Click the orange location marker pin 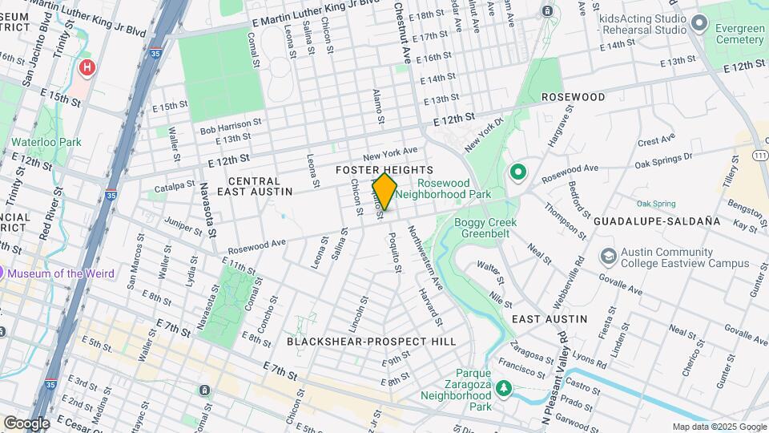click(384, 191)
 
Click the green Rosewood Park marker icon click(517, 172)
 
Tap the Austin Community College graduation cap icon click(609, 256)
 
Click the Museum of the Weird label click(62, 273)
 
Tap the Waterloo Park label click(46, 142)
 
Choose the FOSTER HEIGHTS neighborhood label click(384, 170)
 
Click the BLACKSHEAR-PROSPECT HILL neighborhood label click(371, 342)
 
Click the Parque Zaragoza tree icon click(503, 390)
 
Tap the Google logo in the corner click(26, 423)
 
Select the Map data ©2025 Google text click(719, 427)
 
